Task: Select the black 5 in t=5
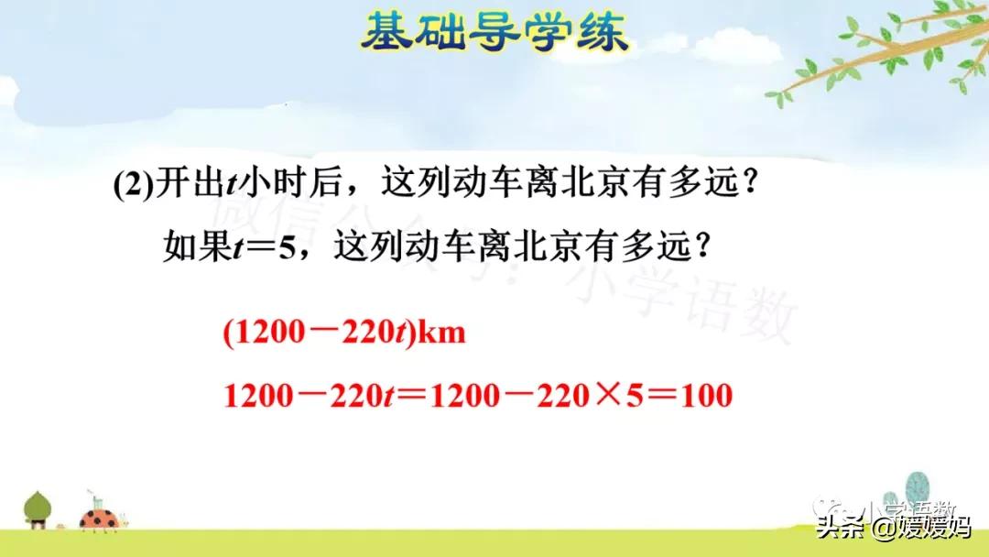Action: point(289,248)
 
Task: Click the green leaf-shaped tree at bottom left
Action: point(38,507)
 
